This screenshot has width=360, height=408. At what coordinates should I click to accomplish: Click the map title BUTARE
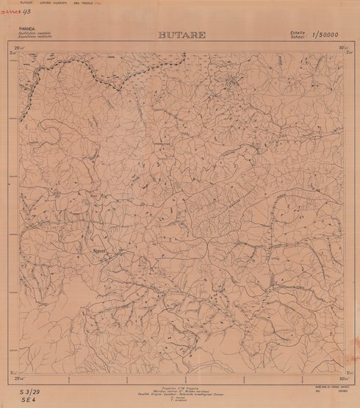181,35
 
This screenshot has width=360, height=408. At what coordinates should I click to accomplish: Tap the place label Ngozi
100,250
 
